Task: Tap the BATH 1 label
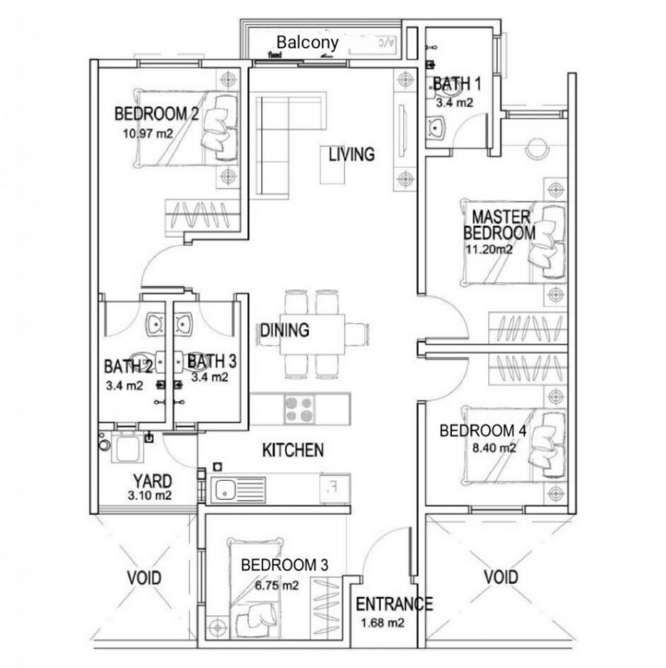pyautogui.click(x=456, y=84)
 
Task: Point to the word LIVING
pyautogui.click(x=351, y=155)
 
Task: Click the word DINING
pyautogui.click(x=284, y=330)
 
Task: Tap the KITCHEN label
pyautogui.click(x=293, y=451)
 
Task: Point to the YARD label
pyautogui.click(x=152, y=481)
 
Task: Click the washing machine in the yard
pyautogui.click(x=121, y=451)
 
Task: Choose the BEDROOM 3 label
pyautogui.click(x=284, y=565)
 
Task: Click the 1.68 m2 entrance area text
pyautogui.click(x=382, y=622)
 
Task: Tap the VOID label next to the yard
pyautogui.click(x=144, y=577)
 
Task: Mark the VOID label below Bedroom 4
pyautogui.click(x=500, y=577)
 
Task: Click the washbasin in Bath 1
pyautogui.click(x=435, y=129)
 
